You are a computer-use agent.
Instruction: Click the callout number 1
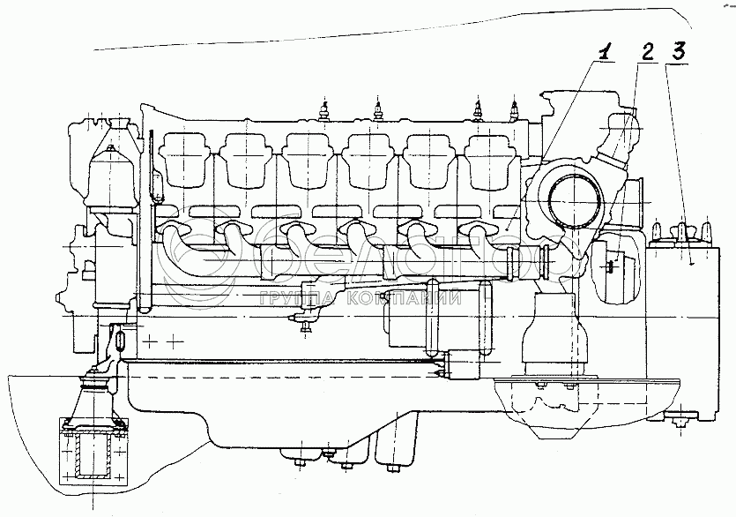coord(605,54)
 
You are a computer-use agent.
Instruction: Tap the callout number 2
coord(646,53)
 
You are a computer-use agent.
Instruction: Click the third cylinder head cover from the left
coord(308,161)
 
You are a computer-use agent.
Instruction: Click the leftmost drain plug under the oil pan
coord(298,460)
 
